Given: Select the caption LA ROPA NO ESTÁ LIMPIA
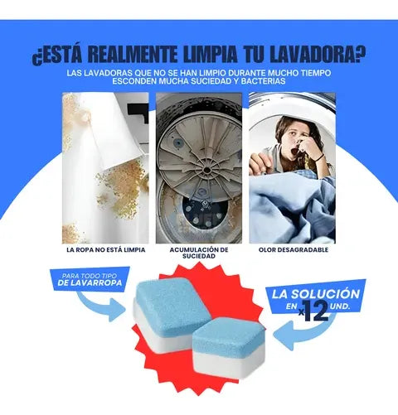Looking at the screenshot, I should (105, 249).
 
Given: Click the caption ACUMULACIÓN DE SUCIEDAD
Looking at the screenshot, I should (198, 252).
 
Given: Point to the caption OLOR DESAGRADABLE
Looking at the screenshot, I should (294, 249).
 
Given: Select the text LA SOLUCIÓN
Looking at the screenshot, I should (316, 294).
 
